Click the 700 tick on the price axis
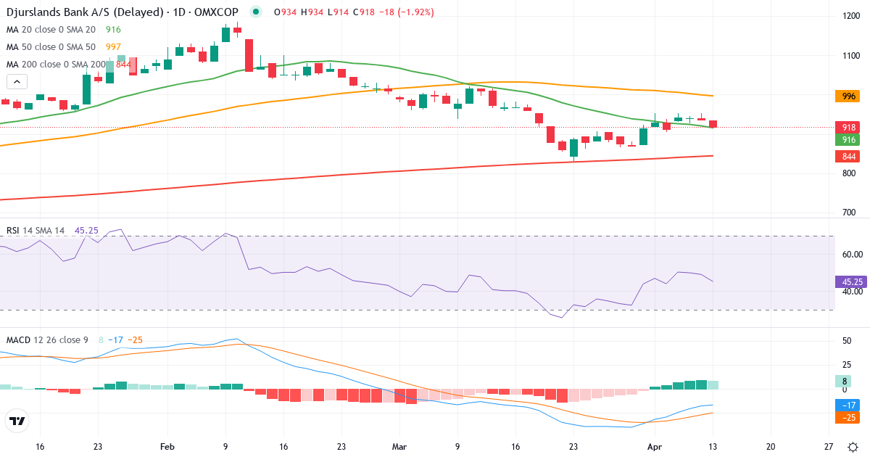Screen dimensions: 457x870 [x=848, y=213]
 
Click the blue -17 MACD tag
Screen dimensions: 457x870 [x=847, y=405]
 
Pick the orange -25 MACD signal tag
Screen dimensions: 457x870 [x=847, y=417]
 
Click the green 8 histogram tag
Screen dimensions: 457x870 [x=843, y=381]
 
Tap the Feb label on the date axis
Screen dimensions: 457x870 [x=167, y=447]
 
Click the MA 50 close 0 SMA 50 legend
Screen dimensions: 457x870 [x=51, y=47]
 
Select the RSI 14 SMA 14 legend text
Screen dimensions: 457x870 [x=36, y=230]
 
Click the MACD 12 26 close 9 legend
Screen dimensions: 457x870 [x=47, y=339]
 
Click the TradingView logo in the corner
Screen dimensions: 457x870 [x=17, y=421]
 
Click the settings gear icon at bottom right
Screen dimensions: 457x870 [x=853, y=447]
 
